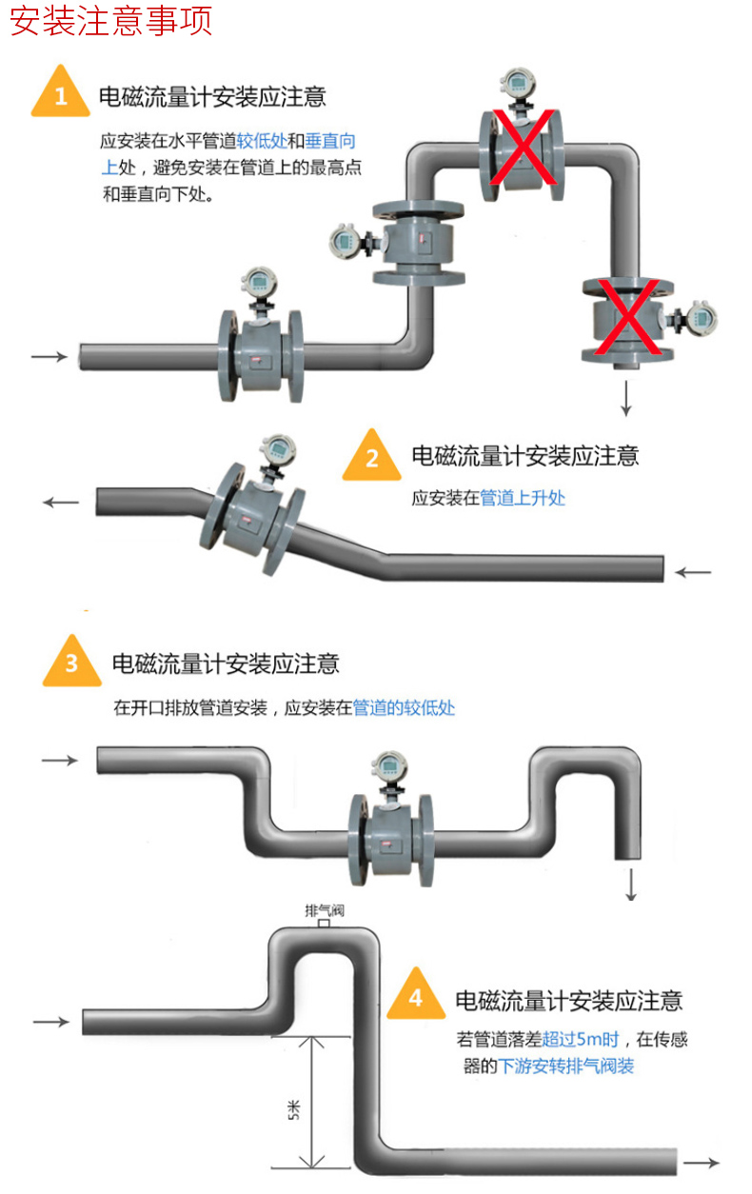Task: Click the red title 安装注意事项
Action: (110, 21)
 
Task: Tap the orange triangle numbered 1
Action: (61, 95)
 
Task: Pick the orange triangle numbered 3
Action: (72, 663)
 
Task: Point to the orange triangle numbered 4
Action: (416, 997)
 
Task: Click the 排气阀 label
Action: (324, 909)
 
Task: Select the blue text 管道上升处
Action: (523, 498)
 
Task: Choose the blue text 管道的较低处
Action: (405, 708)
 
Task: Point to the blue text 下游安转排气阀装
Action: (567, 1066)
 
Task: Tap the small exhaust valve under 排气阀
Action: (324, 923)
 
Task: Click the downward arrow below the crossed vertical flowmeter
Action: (626, 397)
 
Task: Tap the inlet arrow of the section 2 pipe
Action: (693, 572)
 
